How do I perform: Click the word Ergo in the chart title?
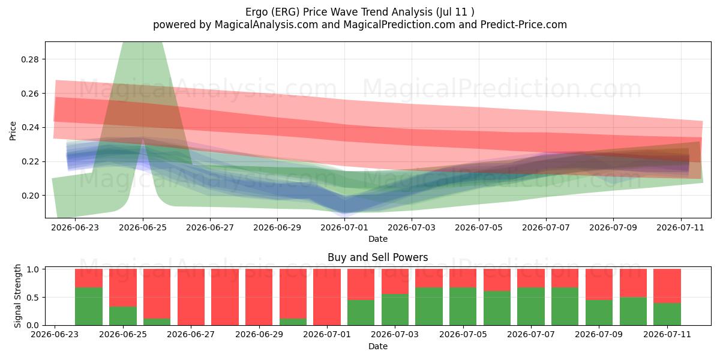257,12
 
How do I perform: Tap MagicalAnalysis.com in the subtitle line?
266,25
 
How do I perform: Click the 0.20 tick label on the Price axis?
30,196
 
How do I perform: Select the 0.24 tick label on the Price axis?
30,128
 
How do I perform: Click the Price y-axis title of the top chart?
13,131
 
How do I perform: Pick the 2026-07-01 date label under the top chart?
344,227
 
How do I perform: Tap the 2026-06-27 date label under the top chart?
210,227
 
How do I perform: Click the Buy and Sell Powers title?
377,257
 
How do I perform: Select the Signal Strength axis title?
17,296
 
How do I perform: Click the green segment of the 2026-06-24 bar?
89,307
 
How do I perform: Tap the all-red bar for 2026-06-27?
191,297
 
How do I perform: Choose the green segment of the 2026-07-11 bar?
667,314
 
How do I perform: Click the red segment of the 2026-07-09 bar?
599,284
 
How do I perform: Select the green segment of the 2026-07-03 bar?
395,310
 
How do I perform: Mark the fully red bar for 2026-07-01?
327,297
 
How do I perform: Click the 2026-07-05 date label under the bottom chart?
463,335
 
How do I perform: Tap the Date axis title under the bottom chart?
377,347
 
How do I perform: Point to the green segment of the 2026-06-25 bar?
123,316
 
